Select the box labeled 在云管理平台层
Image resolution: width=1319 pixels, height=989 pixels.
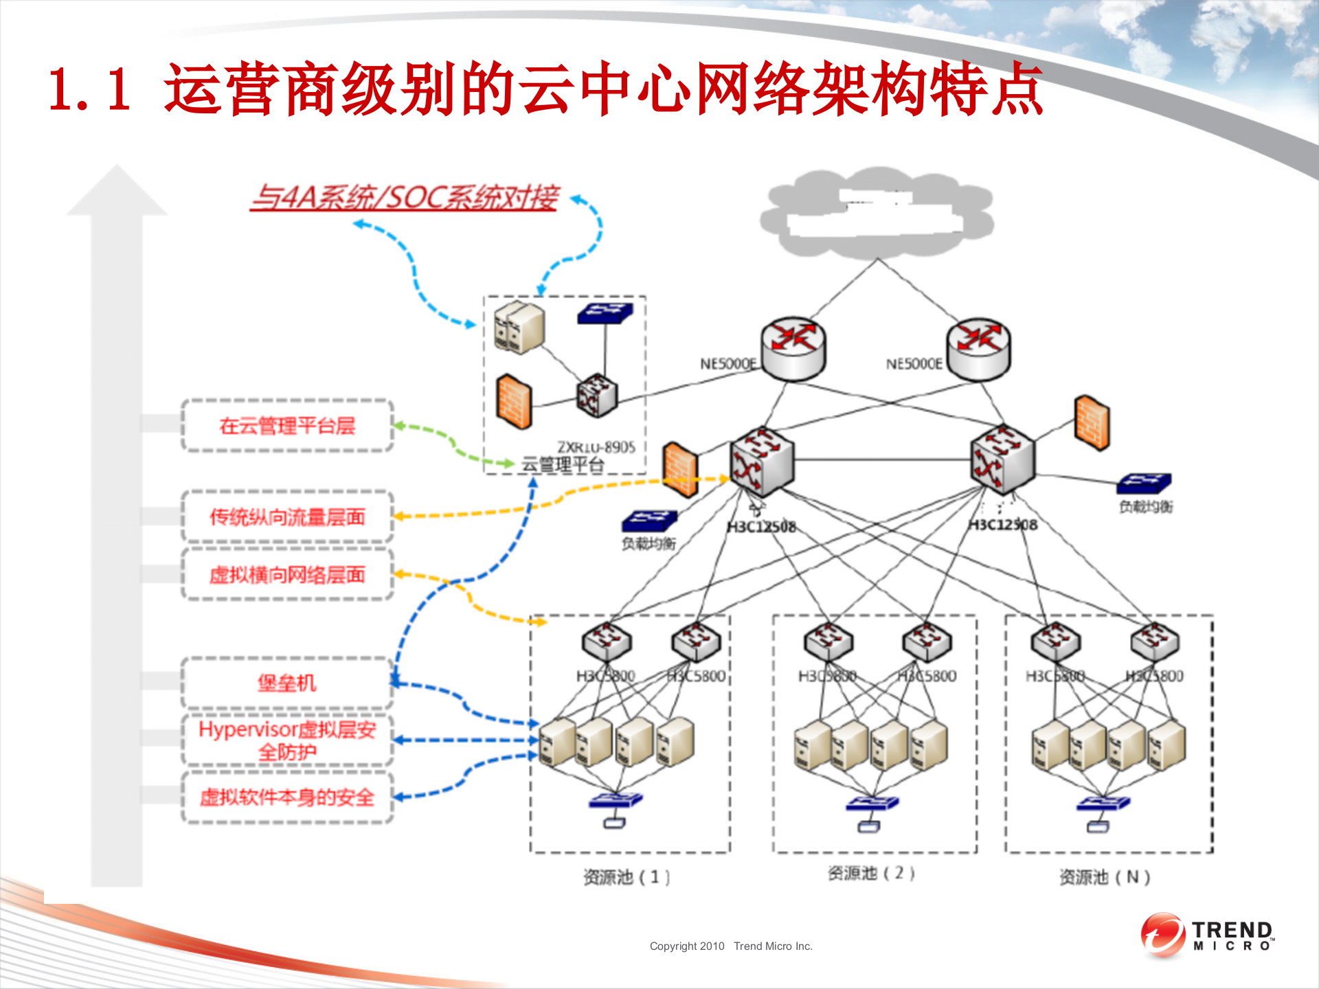coord(287,426)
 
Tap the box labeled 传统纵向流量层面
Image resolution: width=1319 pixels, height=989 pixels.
coord(287,517)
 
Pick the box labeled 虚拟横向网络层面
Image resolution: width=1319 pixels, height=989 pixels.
coord(287,575)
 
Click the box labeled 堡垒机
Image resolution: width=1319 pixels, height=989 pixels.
coord(287,683)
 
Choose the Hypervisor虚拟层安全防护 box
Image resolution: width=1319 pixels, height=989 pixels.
coord(287,740)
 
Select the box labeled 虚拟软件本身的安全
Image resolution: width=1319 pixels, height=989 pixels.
coord(287,797)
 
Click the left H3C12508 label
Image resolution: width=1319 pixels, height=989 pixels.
coord(761,527)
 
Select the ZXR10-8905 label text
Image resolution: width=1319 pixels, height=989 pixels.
coord(596,447)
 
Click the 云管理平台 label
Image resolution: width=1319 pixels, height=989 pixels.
coord(563,465)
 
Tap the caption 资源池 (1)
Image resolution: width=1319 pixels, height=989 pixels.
coord(626,877)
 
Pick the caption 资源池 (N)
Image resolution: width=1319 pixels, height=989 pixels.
coord(1104,877)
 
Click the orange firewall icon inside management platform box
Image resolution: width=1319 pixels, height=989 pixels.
coord(514,402)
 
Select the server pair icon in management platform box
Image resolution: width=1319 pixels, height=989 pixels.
coord(519,328)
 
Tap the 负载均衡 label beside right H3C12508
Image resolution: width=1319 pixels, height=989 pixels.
coord(1145,507)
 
